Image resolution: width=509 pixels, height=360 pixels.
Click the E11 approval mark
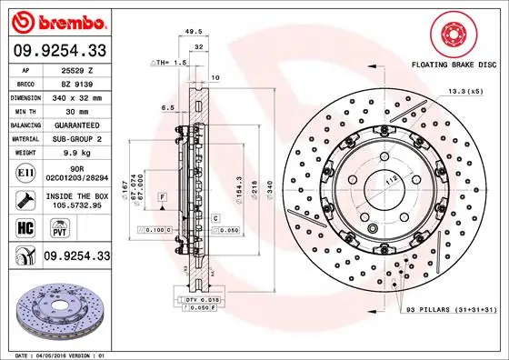coord(25,170)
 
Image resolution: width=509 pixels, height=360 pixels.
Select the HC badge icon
coord(25,225)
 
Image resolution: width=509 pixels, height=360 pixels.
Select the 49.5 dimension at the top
coord(192,32)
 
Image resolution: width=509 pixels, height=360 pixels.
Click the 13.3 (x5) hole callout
coord(464,92)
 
